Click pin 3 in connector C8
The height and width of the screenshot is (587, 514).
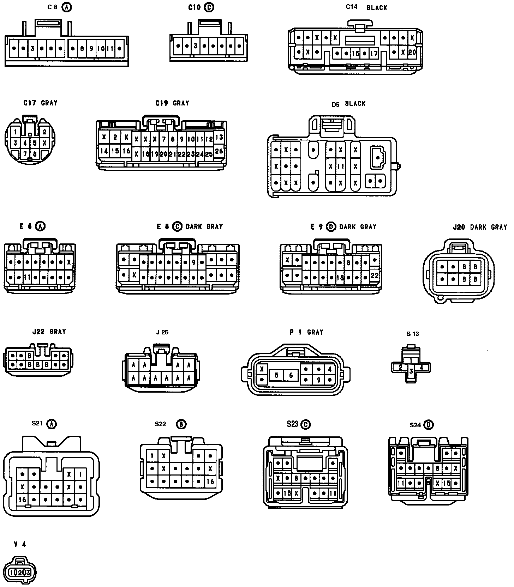pyautogui.click(x=32, y=48)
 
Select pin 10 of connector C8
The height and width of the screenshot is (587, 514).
pyautogui.click(x=101, y=48)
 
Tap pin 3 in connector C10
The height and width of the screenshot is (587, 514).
pyautogui.click(x=196, y=46)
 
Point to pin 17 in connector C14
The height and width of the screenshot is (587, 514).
pyautogui.click(x=373, y=54)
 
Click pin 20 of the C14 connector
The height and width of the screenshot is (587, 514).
pyautogui.click(x=412, y=52)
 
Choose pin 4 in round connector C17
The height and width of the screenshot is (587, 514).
pyautogui.click(x=25, y=143)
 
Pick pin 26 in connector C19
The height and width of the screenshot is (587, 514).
pyautogui.click(x=219, y=151)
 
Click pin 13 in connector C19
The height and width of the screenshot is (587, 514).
pyautogui.click(x=219, y=137)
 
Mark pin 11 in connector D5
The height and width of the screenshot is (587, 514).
pyautogui.click(x=340, y=166)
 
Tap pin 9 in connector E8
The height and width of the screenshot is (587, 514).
pyautogui.click(x=194, y=262)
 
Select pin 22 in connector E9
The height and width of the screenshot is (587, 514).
pyautogui.click(x=375, y=276)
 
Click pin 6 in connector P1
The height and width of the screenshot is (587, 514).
pyautogui.click(x=291, y=375)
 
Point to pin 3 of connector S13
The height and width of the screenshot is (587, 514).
pyautogui.click(x=411, y=371)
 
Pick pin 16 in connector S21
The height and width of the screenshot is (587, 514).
pyautogui.click(x=22, y=500)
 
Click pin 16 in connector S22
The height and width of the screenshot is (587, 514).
pyautogui.click(x=210, y=481)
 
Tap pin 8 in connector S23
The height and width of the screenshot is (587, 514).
pyautogui.click(x=296, y=478)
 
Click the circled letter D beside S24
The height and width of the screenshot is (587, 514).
pyautogui.click(x=429, y=425)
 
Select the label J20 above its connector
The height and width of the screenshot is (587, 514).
pyautogui.click(x=459, y=227)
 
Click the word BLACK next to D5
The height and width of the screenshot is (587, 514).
pyautogui.click(x=355, y=104)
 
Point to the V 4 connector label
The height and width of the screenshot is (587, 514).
pyautogui.click(x=20, y=544)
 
